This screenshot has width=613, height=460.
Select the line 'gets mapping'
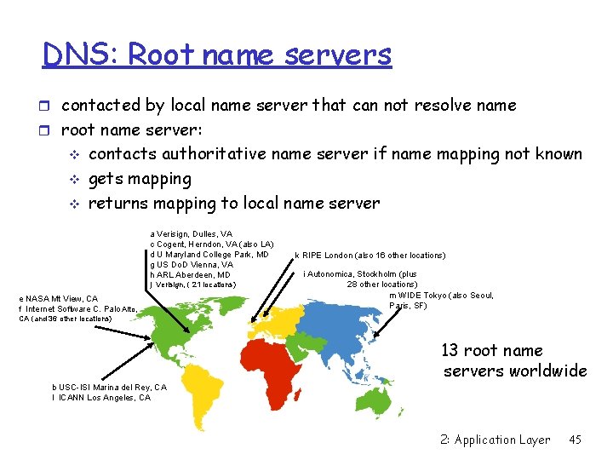coord(140,179)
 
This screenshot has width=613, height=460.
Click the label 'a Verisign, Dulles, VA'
coord(191,233)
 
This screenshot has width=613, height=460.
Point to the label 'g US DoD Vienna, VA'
coord(192,265)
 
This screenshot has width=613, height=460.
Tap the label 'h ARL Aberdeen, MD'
coord(190,275)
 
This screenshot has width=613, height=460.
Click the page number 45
coord(575,440)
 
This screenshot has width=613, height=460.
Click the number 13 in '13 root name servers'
coord(450,350)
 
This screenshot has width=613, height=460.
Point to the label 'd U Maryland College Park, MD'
coord(209,255)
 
